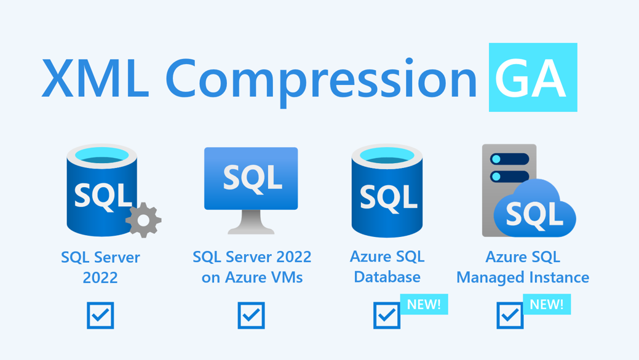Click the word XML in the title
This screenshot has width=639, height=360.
click(95, 78)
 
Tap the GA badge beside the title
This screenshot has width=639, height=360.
click(533, 78)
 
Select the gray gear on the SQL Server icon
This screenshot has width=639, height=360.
click(143, 220)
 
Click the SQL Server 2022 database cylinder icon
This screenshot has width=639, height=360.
click(102, 190)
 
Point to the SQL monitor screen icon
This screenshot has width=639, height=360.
click(251, 178)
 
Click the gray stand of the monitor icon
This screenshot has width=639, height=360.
click(251, 222)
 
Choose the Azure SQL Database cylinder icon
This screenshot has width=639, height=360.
click(387, 190)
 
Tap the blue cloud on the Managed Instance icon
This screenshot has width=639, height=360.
click(534, 210)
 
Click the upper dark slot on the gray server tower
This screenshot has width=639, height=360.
click(509, 159)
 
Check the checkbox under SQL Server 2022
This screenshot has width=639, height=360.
click(100, 315)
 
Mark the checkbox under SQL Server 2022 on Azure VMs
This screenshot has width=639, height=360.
click(251, 315)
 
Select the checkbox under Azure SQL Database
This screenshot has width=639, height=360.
click(387, 315)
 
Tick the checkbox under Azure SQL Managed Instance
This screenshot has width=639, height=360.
click(510, 315)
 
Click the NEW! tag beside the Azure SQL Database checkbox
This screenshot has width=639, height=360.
click(424, 304)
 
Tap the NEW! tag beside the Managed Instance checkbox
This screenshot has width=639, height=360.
click(547, 304)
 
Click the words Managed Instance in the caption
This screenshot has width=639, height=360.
click(523, 278)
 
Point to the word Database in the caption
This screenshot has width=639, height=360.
click(387, 278)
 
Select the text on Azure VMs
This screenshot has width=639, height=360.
click(252, 278)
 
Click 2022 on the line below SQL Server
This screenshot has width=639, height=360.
click(100, 278)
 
